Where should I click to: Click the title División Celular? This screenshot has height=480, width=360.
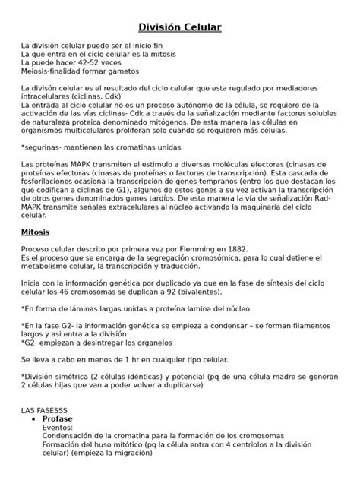[179, 28]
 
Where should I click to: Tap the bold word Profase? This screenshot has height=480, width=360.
[57, 418]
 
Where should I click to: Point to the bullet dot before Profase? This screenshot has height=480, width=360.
[32, 418]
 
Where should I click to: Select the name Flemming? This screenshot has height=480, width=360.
[180, 248]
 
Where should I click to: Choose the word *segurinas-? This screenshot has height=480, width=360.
[46, 147]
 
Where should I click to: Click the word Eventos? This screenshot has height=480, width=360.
[58, 428]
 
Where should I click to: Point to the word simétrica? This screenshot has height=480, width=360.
[78, 376]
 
